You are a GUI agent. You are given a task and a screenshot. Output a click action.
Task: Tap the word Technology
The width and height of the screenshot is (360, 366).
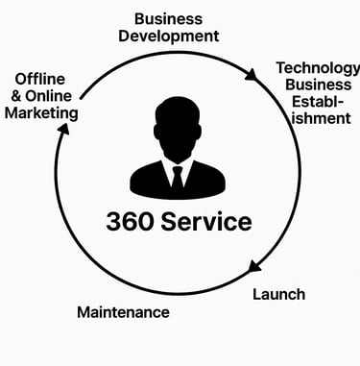(318, 68)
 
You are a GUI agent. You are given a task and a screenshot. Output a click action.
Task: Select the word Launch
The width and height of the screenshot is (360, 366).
(278, 294)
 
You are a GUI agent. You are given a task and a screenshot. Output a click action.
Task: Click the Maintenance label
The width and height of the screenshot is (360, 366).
(123, 312)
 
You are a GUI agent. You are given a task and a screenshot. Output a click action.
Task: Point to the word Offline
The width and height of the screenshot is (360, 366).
(39, 79)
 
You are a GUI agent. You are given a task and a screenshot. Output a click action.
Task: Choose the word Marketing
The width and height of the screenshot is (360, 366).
(42, 113)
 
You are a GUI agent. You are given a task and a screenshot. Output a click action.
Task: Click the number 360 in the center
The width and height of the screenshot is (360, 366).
(134, 222)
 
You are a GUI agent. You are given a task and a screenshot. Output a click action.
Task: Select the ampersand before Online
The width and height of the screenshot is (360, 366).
(14, 96)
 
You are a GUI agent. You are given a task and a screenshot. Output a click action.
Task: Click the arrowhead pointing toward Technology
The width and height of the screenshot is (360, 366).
(251, 75)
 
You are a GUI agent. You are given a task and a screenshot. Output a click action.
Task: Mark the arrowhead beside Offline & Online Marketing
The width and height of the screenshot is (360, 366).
(61, 134)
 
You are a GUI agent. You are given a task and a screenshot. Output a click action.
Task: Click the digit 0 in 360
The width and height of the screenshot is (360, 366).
(153, 222)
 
